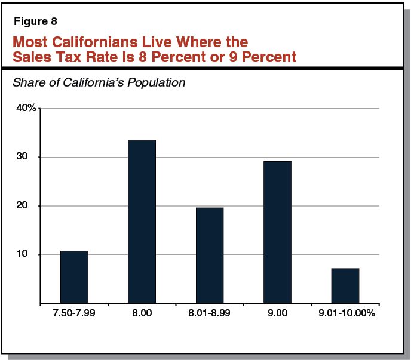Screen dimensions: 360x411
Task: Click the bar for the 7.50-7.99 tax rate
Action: [74, 277]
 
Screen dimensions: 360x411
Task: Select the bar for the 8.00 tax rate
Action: [142, 221]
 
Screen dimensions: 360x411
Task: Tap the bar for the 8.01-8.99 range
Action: [209, 256]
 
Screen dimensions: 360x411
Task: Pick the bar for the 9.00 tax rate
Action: [277, 232]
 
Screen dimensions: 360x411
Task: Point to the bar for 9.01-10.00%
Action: [345, 286]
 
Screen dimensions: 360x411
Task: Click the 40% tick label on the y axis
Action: [26, 108]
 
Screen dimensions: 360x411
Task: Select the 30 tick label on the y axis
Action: [30, 157]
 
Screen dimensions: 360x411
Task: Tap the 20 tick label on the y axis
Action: [30, 206]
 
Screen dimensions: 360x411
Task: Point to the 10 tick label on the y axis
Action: [30, 254]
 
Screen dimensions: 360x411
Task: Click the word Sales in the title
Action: [30, 57]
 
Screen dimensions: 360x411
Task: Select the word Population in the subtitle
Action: [157, 82]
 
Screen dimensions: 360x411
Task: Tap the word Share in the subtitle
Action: [27, 82]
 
